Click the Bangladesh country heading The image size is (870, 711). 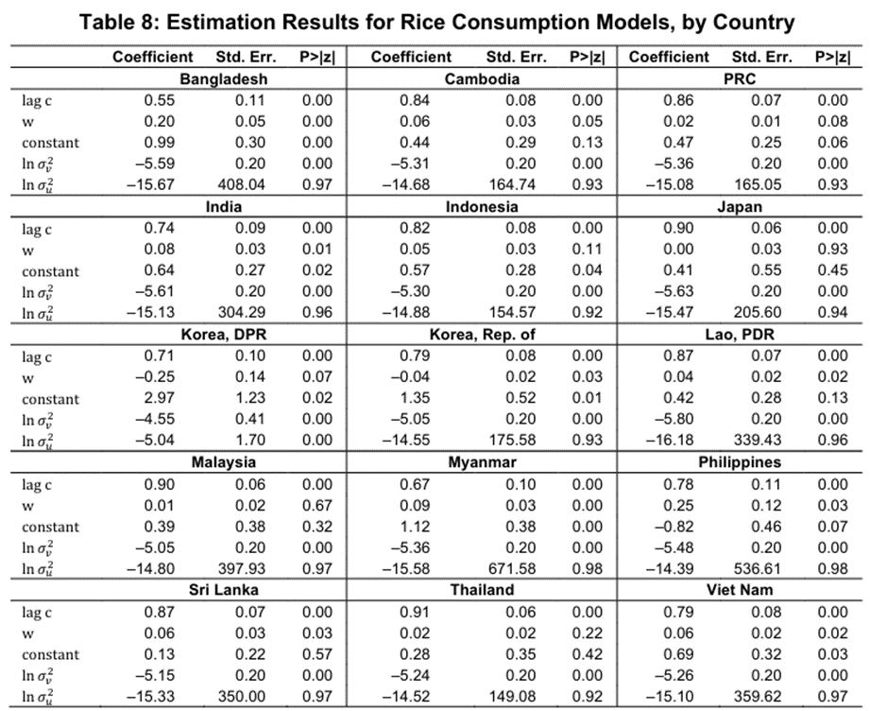(223, 79)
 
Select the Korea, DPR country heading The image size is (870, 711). (223, 335)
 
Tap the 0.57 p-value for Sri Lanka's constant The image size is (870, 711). (316, 653)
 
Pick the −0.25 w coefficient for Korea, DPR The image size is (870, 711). (157, 377)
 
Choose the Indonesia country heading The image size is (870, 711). (482, 207)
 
